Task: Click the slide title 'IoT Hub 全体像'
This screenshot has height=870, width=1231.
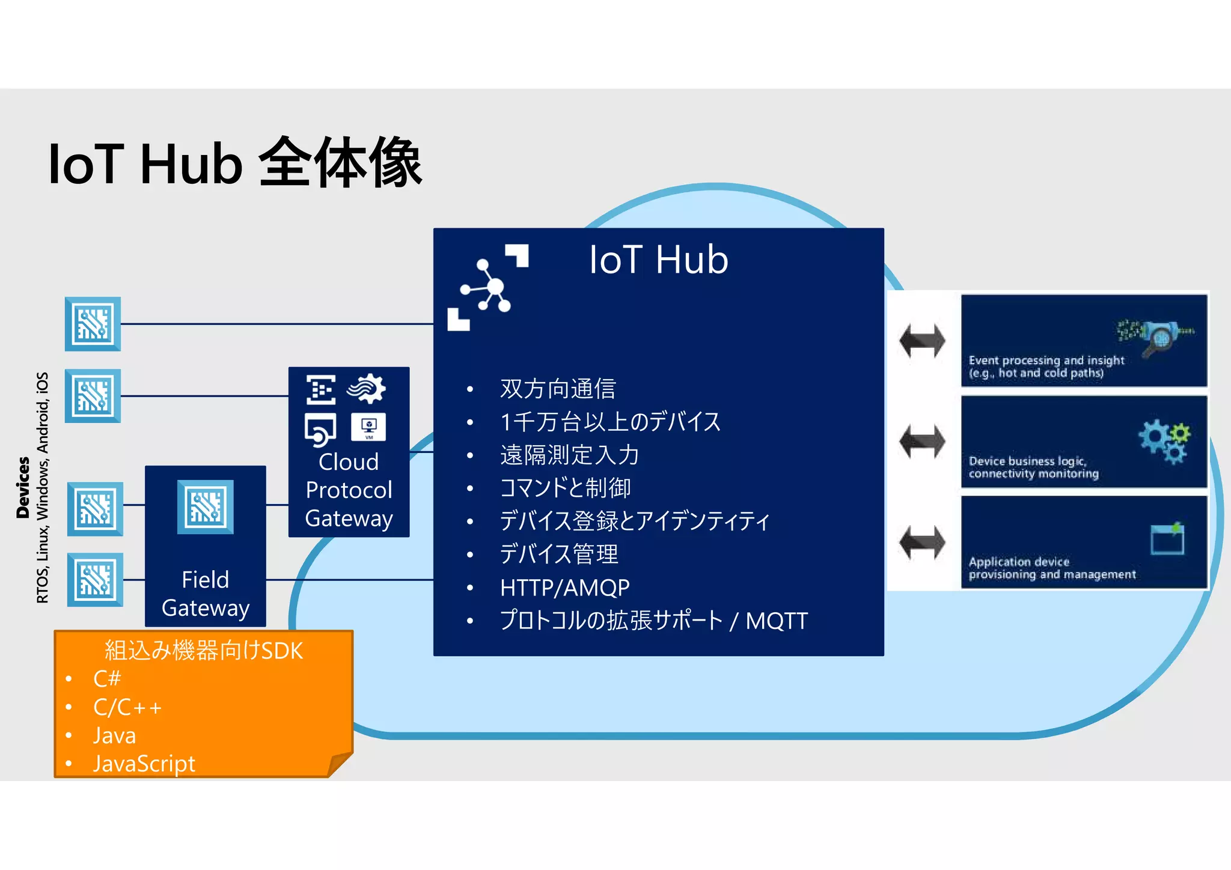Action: tap(235, 163)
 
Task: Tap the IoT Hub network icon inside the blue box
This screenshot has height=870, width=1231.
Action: tap(487, 288)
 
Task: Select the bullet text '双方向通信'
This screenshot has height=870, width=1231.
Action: tap(558, 389)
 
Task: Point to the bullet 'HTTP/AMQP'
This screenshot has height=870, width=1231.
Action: tap(564, 587)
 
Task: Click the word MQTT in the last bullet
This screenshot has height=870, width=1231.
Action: tap(777, 621)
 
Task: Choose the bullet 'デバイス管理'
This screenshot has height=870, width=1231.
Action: tap(558, 554)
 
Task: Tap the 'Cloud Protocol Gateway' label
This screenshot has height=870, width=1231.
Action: tap(349, 490)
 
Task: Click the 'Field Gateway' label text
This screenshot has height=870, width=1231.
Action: tap(205, 594)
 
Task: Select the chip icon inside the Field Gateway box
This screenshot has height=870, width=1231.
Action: tap(205, 507)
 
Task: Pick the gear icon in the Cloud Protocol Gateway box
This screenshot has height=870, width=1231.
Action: tap(367, 389)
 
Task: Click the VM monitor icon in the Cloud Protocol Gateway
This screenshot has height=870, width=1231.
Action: tap(368, 427)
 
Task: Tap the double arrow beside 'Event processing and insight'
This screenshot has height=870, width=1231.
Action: tap(922, 341)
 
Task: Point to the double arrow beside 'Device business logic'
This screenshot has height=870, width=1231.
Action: tap(922, 442)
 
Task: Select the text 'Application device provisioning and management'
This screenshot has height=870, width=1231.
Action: tap(1052, 568)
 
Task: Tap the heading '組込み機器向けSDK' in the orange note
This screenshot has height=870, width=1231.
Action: tap(204, 651)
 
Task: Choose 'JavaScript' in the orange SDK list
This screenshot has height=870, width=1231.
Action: tap(144, 764)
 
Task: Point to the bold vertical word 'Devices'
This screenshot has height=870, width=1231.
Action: tap(23, 487)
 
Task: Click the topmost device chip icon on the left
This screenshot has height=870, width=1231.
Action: tap(93, 324)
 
